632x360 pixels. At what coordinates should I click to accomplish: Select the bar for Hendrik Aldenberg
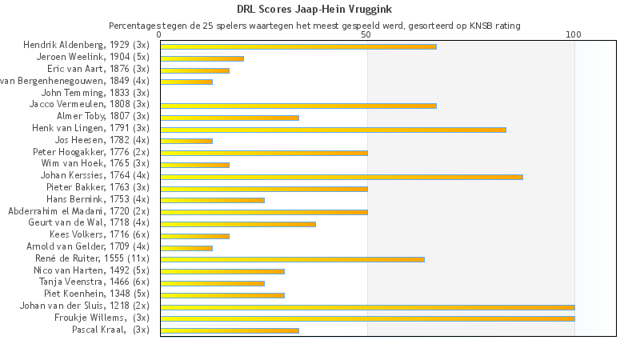point(298,46)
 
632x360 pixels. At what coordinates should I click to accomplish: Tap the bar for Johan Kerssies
point(342,176)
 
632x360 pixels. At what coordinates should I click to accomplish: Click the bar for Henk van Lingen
point(333,129)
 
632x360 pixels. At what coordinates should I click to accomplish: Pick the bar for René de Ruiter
point(292,259)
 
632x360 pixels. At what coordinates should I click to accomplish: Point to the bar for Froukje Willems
point(367,318)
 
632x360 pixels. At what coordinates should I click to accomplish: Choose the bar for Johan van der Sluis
point(367,306)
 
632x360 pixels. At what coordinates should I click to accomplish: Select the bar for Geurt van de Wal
point(238,224)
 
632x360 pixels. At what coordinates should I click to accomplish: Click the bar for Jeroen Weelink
point(202,58)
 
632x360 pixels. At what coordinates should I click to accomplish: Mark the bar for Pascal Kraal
point(230,330)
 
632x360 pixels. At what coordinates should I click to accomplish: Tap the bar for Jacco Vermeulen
point(298,106)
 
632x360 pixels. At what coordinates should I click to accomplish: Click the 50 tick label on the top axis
point(366,35)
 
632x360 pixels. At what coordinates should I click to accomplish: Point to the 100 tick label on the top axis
point(574,35)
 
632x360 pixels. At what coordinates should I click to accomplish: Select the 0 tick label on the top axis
point(160,35)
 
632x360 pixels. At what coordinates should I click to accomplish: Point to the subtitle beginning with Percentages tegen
point(314,26)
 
